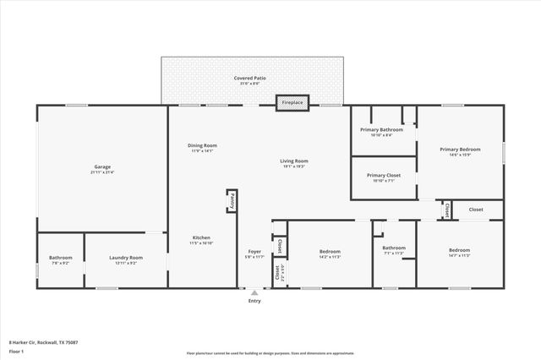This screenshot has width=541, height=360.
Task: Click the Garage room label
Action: click(x=101, y=167)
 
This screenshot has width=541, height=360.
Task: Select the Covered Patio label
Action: click(x=250, y=78)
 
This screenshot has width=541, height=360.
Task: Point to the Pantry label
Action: click(x=232, y=200)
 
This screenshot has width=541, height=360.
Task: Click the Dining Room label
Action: click(x=203, y=146)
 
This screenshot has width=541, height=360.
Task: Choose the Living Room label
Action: click(x=294, y=161)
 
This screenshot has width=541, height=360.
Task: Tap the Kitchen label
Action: click(x=201, y=238)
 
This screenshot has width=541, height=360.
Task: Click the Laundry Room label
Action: click(x=124, y=258)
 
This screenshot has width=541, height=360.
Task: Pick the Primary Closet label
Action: click(x=384, y=176)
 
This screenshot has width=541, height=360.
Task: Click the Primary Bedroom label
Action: click(x=460, y=150)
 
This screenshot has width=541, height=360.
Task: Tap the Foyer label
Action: click(x=254, y=252)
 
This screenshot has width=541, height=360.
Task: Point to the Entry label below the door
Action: click(x=254, y=301)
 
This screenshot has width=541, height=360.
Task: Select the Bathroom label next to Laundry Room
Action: click(x=60, y=258)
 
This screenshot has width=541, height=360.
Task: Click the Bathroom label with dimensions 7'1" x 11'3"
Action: click(x=394, y=248)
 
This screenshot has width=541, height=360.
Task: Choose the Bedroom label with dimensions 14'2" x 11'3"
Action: click(x=330, y=252)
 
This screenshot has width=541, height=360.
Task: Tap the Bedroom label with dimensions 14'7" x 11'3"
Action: click(x=459, y=251)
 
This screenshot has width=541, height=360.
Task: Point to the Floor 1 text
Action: click(x=16, y=349)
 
